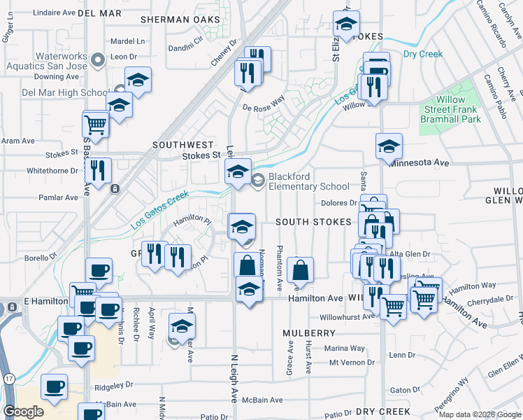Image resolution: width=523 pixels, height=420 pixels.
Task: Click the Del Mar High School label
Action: [64, 92]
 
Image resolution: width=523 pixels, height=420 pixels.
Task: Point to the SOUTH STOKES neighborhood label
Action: [313, 221]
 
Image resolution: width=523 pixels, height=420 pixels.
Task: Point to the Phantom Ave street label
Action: [279, 267]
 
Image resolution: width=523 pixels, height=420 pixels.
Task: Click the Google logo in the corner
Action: [23, 412]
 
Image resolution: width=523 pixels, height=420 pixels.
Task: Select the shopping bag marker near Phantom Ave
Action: [299, 269]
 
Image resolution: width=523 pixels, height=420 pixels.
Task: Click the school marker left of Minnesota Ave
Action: [389, 146]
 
